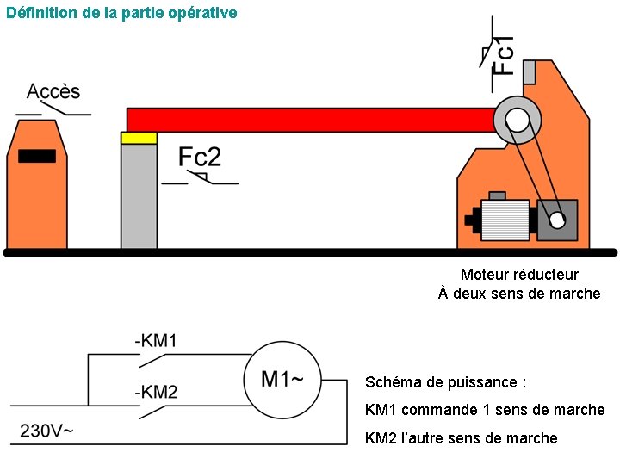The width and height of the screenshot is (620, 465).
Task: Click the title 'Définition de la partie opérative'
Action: click(x=121, y=13)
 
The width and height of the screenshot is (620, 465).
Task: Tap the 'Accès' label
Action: click(x=53, y=91)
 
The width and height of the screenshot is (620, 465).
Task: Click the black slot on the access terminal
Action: click(x=37, y=156)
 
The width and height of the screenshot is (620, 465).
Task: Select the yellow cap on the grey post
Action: click(x=139, y=138)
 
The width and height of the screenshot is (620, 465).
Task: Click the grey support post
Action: click(x=139, y=196)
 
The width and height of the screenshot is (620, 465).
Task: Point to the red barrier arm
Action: click(x=310, y=119)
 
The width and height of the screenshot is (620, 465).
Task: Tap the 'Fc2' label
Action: click(x=200, y=157)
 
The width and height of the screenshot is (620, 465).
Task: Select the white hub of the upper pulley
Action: click(x=516, y=121)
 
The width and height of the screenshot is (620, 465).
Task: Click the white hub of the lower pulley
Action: click(x=557, y=220)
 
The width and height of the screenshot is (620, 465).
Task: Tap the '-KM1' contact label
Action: click(x=156, y=341)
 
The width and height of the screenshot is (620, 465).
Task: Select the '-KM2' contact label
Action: click(x=156, y=392)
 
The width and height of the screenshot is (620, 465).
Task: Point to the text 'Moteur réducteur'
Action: click(x=519, y=275)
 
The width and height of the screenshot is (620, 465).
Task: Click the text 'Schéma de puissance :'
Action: click(x=445, y=382)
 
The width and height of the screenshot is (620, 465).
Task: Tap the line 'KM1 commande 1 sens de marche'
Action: click(x=485, y=410)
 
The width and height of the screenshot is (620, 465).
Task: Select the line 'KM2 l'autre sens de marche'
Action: click(x=461, y=438)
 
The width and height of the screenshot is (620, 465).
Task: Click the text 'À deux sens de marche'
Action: click(x=519, y=294)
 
